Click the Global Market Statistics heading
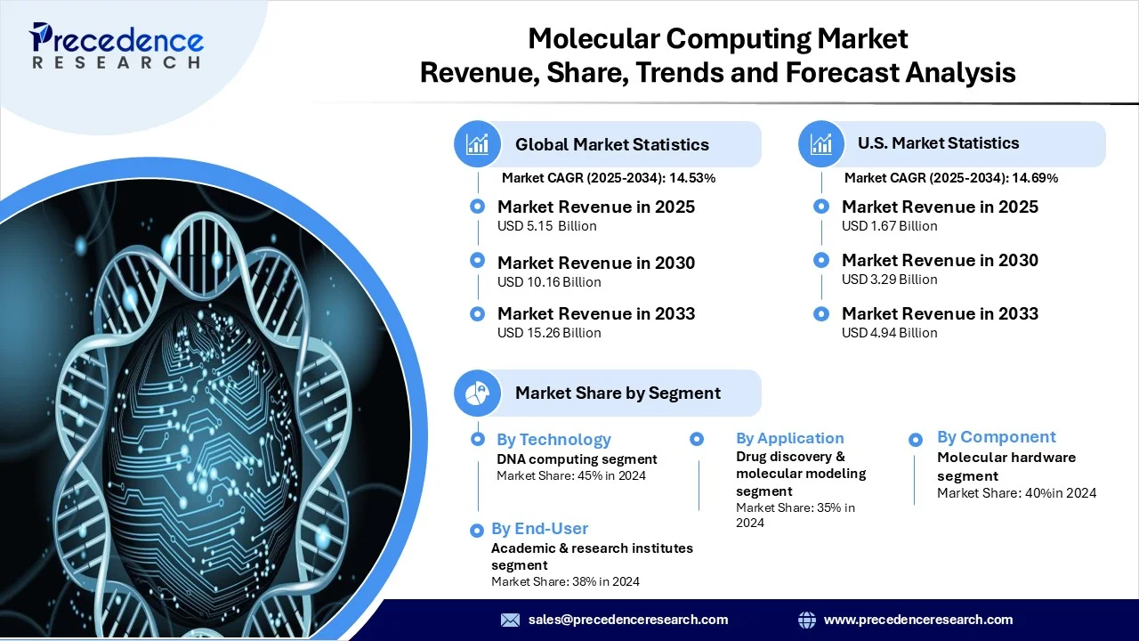(611, 144)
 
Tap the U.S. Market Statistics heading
(938, 142)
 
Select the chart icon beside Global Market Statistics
(478, 144)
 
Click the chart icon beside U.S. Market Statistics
(821, 143)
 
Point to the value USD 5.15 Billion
(546, 226)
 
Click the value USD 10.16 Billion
(549, 282)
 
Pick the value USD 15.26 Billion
(549, 333)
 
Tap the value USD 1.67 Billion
(889, 226)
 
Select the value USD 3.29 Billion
(889, 280)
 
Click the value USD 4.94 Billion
(889, 333)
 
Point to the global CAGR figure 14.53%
(698, 178)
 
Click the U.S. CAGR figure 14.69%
(1040, 178)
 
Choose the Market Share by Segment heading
(618, 393)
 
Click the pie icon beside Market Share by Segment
(478, 393)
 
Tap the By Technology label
(553, 439)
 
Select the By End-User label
(539, 529)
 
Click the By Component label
(996, 437)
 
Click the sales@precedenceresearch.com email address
(627, 620)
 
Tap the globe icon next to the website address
(807, 620)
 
